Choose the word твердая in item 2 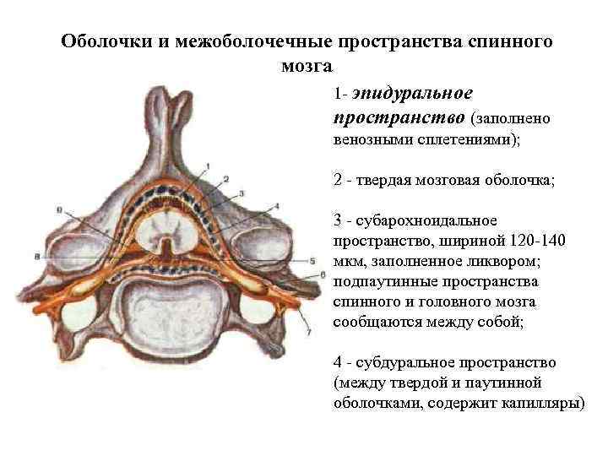tap(387, 180)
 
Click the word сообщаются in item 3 tap(372, 322)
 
